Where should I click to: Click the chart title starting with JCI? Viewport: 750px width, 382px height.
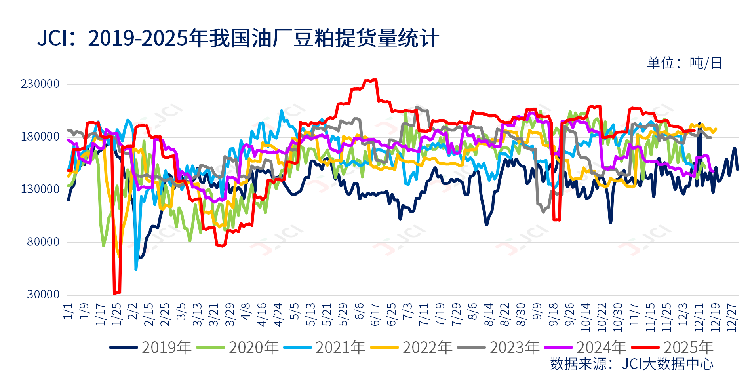[238, 38]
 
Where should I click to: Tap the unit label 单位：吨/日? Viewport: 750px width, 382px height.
[684, 63]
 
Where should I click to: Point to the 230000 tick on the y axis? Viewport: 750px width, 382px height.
[40, 84]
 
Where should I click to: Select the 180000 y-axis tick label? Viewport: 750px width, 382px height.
[40, 137]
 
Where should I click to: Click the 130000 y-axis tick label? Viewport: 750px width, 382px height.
[40, 189]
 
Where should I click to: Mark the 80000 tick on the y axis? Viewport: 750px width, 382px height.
[43, 242]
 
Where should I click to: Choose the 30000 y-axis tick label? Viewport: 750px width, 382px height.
[43, 295]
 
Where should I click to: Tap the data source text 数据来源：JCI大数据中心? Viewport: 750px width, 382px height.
[632, 364]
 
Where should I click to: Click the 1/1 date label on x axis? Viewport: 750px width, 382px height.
[68, 312]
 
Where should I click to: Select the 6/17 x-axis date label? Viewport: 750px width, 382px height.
[375, 315]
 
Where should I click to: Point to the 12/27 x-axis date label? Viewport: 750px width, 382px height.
[731, 317]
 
